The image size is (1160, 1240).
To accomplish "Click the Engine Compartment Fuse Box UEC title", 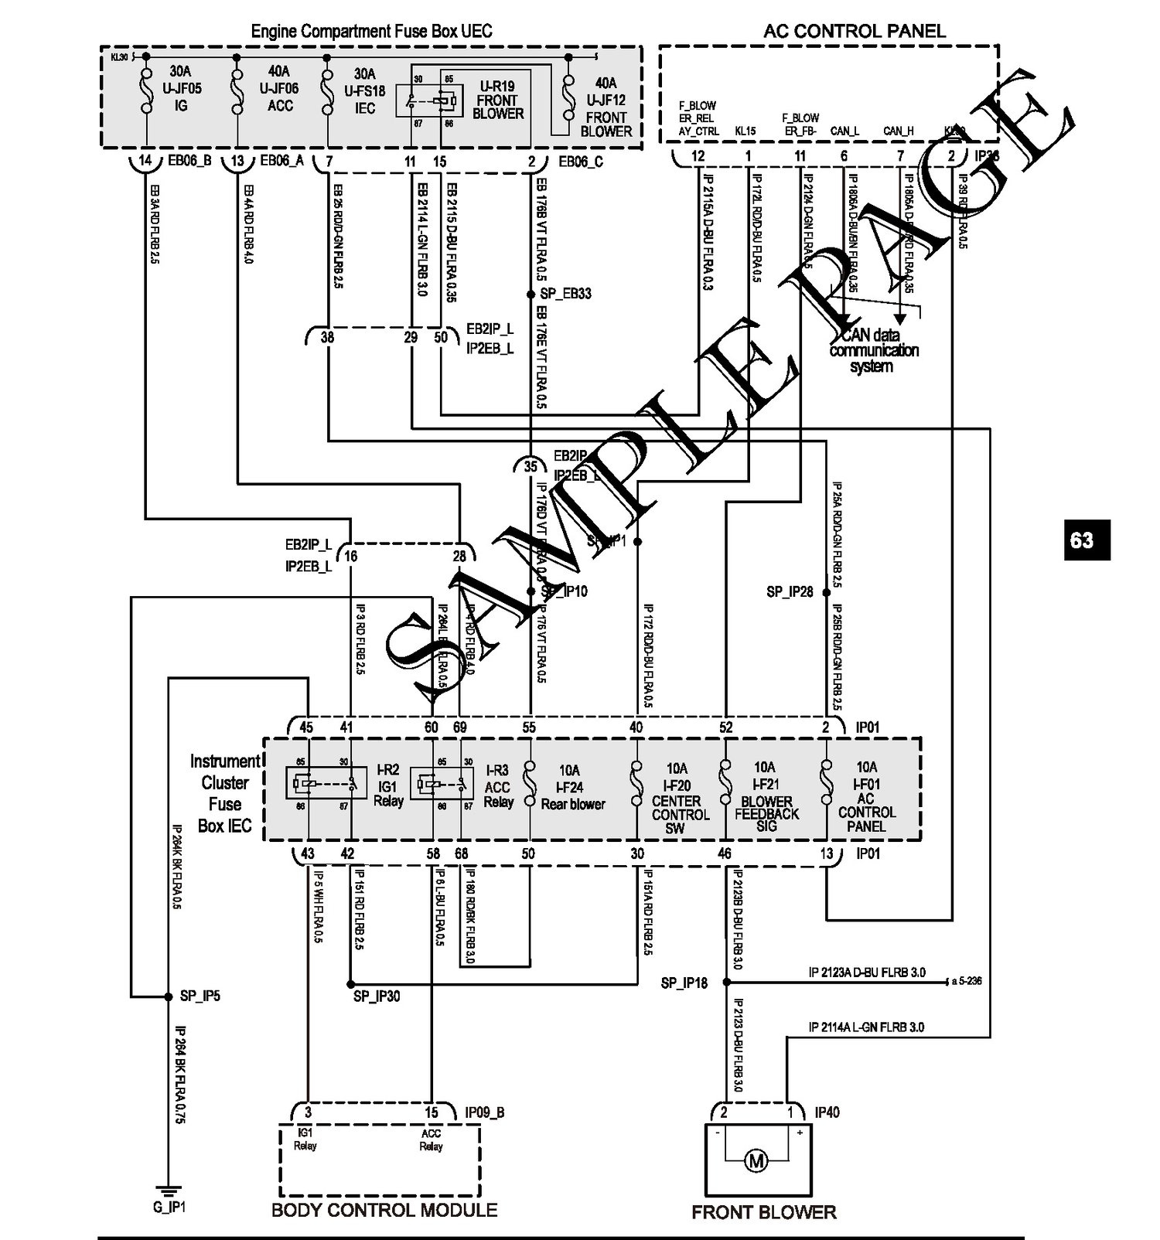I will click(x=371, y=32).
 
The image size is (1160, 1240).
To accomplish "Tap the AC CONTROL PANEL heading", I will click(x=854, y=31).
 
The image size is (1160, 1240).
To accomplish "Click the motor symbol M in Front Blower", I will click(x=756, y=1160).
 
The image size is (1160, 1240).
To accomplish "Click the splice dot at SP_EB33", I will click(x=531, y=295).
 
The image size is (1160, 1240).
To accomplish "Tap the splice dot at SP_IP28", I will click(x=826, y=592).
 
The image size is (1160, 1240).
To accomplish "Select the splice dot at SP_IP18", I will click(x=726, y=982).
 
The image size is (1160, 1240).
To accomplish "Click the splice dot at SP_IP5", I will click(x=169, y=996).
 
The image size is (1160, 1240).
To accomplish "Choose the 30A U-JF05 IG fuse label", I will click(x=182, y=89).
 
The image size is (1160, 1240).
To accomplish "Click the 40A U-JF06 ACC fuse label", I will click(x=279, y=89).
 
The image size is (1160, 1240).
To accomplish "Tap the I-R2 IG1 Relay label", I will click(x=388, y=785).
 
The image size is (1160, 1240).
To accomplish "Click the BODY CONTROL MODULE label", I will click(x=384, y=1210).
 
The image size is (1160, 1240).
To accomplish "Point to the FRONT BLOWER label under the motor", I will click(x=763, y=1211).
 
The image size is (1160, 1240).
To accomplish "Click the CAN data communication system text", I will click(x=873, y=350).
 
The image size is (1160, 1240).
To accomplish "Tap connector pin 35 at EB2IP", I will click(x=531, y=466).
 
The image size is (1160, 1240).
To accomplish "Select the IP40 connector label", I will click(x=827, y=1112).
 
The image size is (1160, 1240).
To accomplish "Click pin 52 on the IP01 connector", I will click(x=725, y=727).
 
